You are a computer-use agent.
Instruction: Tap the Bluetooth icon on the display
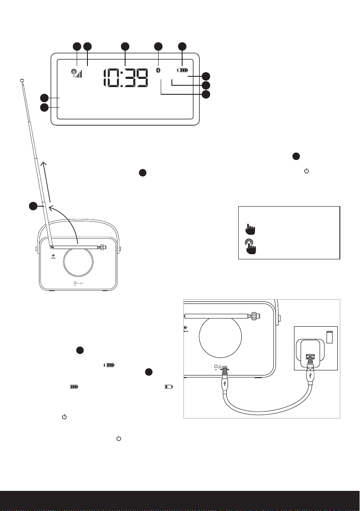(158, 70)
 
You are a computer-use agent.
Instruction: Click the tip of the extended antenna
(22, 79)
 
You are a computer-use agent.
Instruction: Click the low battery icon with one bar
(168, 386)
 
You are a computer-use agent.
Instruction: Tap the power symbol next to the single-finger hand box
(306, 171)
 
